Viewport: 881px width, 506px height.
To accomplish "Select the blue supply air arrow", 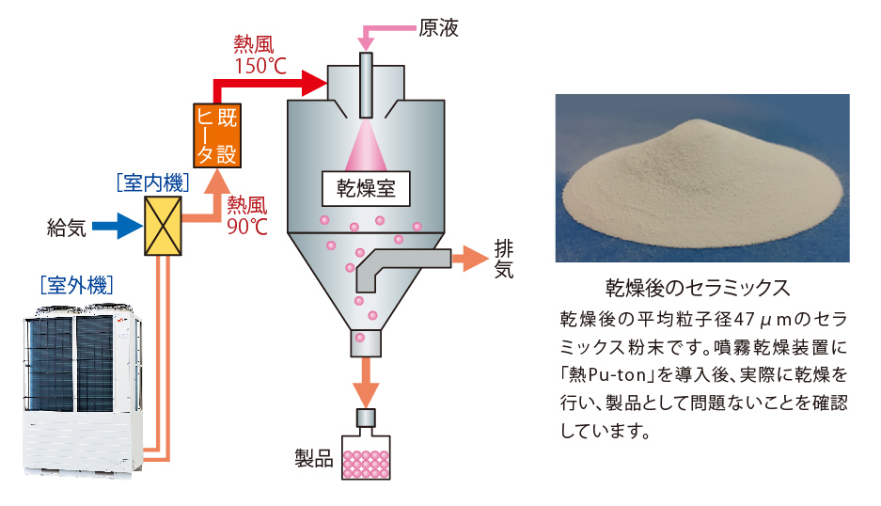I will (x=118, y=227).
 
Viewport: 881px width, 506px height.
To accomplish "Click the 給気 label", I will (x=66, y=227).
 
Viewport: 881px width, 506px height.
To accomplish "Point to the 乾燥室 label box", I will (x=366, y=188).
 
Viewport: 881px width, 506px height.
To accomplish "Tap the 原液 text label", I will (x=439, y=27).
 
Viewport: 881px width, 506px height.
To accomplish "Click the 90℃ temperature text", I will (x=247, y=226).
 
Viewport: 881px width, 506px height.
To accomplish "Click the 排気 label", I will (x=504, y=259).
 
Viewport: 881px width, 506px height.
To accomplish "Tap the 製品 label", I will (x=314, y=460).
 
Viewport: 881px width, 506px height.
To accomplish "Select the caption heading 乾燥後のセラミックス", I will (x=696, y=286).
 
